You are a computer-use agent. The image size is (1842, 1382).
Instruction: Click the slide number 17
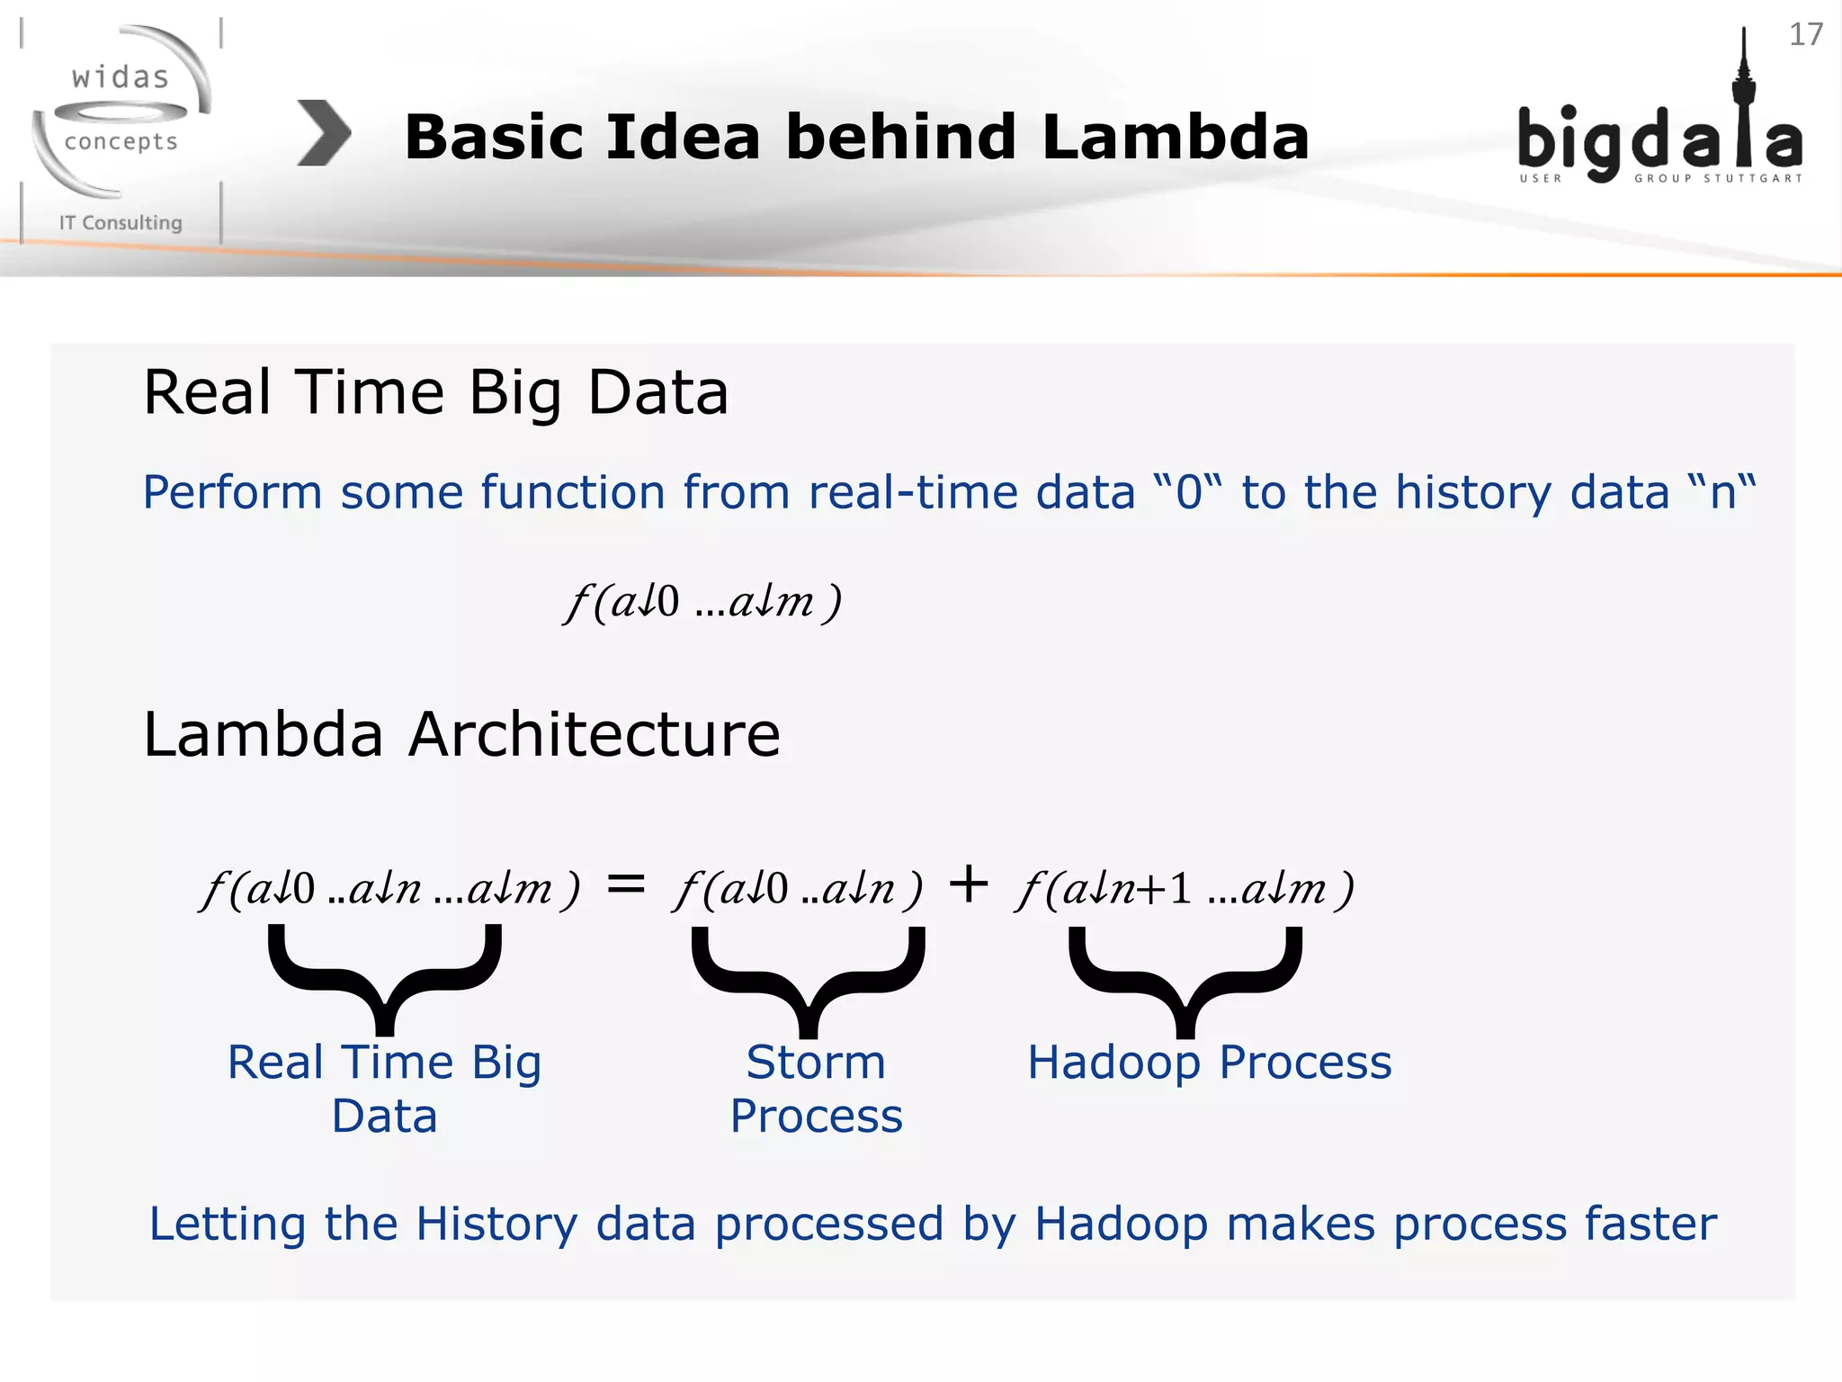click(1805, 35)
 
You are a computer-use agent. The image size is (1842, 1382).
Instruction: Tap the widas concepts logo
click(121, 112)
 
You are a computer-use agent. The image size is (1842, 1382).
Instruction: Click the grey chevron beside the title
click(324, 133)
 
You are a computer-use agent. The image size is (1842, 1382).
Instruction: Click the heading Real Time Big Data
click(435, 393)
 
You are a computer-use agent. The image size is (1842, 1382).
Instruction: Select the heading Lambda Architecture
click(461, 734)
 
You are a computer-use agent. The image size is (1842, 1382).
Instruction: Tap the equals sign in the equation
click(626, 884)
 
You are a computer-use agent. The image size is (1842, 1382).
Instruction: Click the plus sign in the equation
click(969, 884)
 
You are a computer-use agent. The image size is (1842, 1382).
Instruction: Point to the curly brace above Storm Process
click(808, 979)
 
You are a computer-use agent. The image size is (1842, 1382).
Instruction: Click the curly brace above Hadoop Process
click(1185, 979)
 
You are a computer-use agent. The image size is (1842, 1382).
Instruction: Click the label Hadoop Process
click(1210, 1063)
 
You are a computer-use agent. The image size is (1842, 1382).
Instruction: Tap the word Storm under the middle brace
click(816, 1063)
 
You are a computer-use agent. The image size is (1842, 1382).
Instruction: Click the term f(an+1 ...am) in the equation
click(1185, 889)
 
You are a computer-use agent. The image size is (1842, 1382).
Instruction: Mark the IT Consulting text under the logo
click(121, 222)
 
